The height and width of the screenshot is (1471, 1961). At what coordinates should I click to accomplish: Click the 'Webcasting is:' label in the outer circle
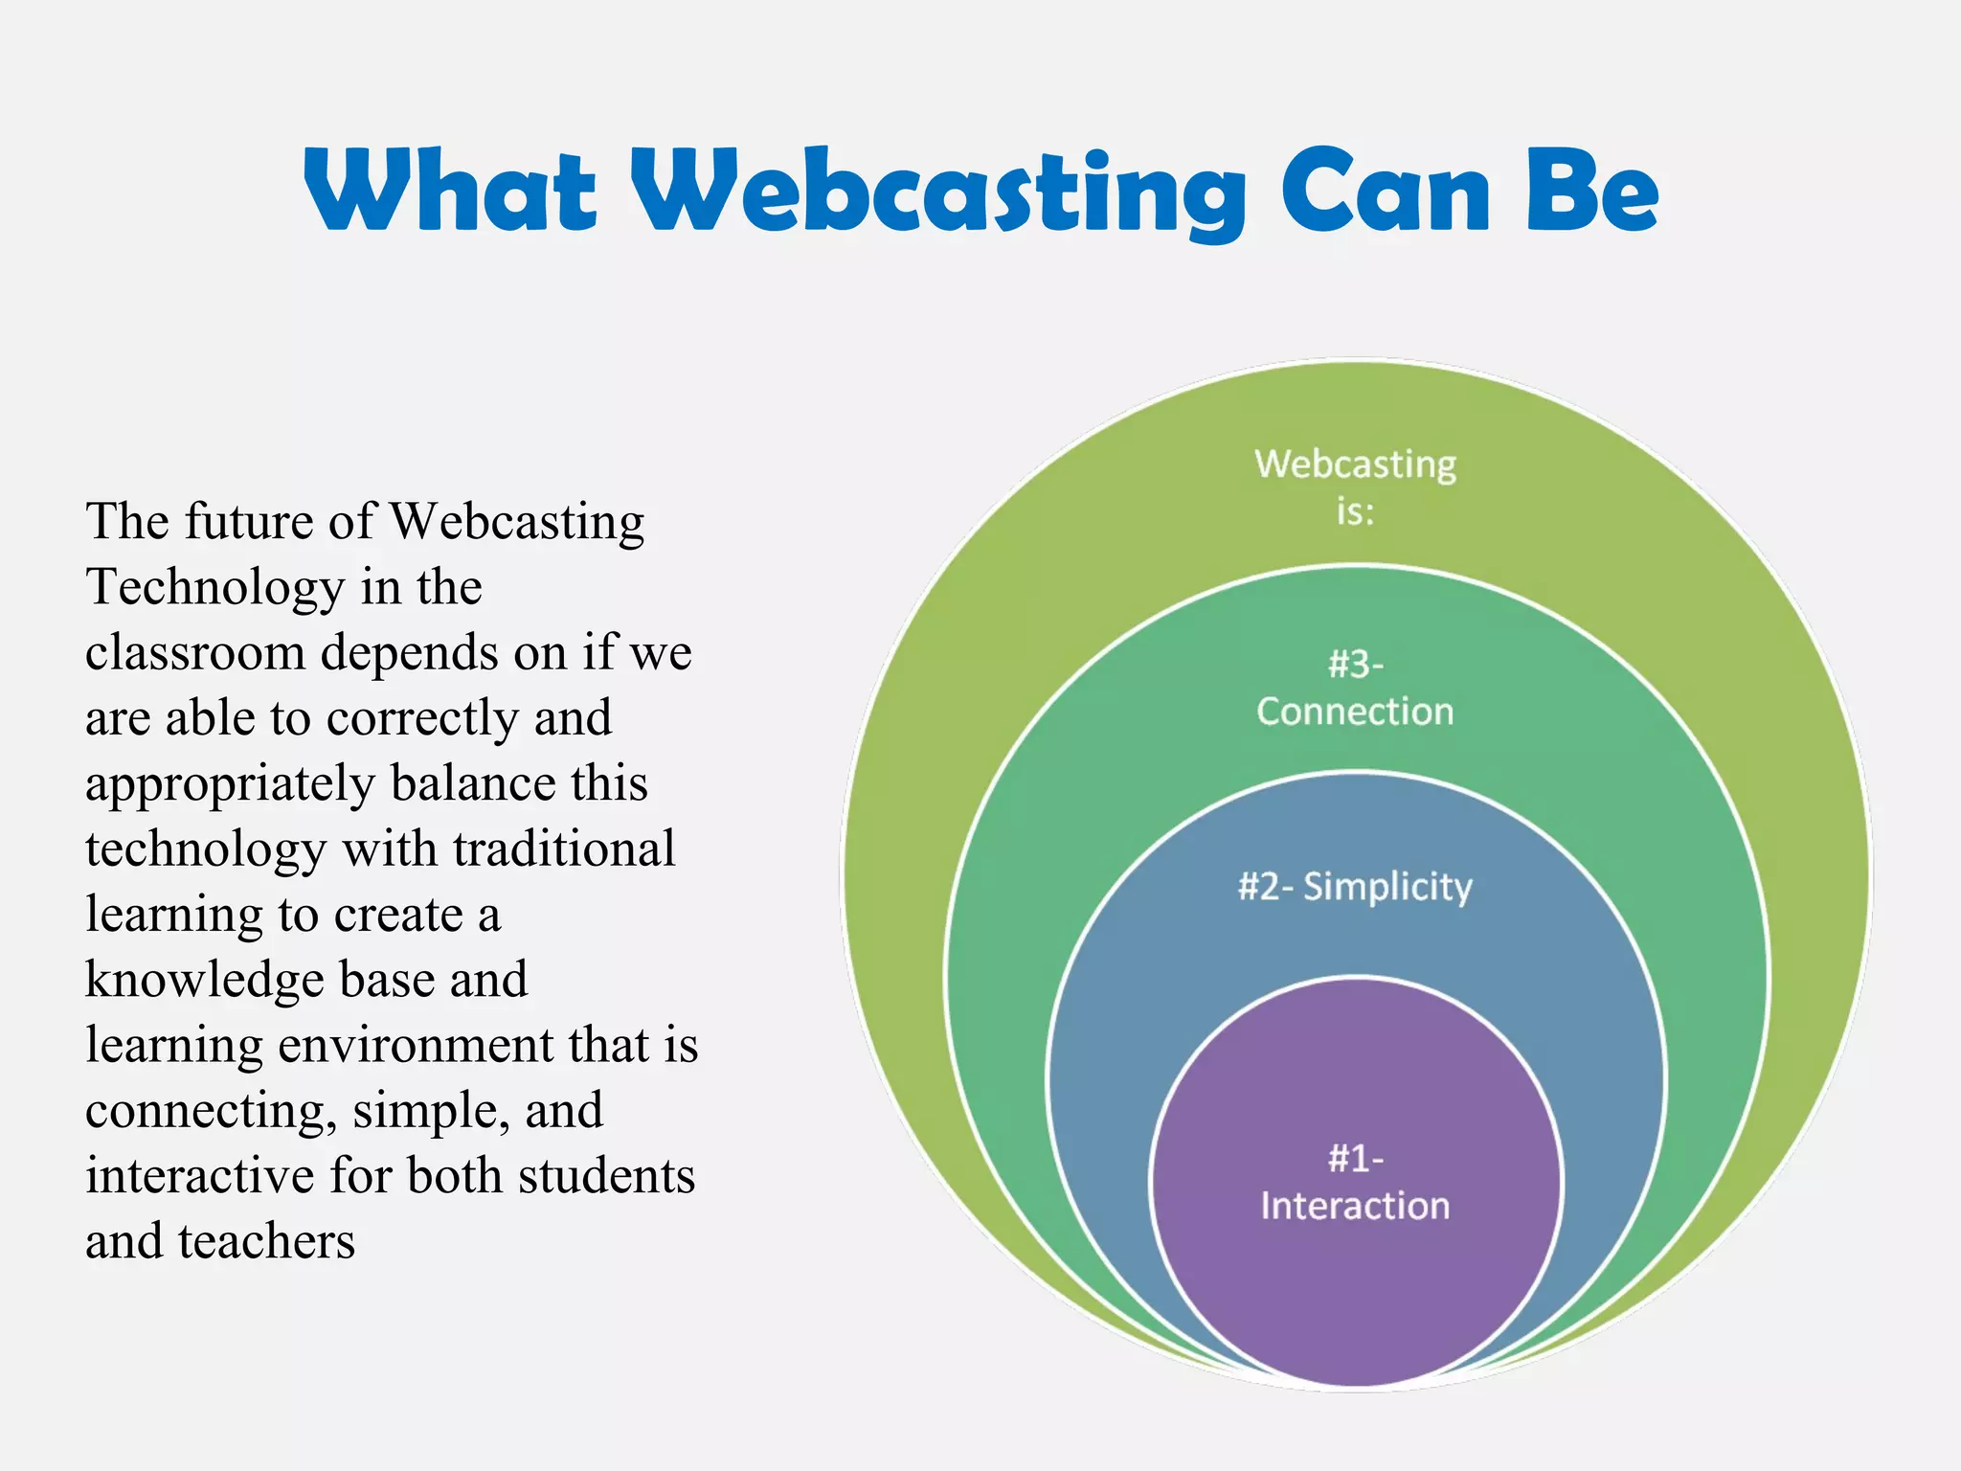pyautogui.click(x=1355, y=487)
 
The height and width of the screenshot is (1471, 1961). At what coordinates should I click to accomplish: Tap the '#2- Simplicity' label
pyautogui.click(x=1355, y=887)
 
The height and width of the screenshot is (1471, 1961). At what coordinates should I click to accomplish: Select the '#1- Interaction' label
pyautogui.click(x=1355, y=1182)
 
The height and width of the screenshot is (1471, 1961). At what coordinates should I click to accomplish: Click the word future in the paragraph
pyautogui.click(x=249, y=522)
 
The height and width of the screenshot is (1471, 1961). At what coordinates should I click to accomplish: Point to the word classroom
pyautogui.click(x=195, y=653)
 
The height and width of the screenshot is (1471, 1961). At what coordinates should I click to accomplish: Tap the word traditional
pyautogui.click(x=564, y=849)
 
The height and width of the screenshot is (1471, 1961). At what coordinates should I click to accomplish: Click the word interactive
pyautogui.click(x=199, y=1176)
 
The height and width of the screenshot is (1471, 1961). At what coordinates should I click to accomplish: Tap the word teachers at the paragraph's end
pyautogui.click(x=266, y=1242)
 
